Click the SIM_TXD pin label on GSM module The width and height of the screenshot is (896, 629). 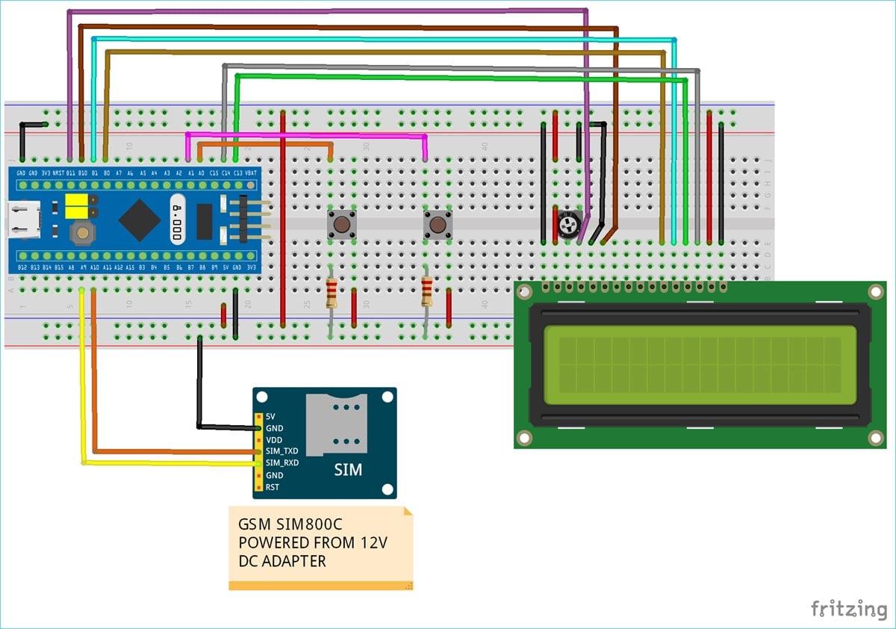(281, 451)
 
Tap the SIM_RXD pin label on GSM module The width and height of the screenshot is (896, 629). (281, 463)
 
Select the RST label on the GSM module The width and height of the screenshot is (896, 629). (273, 487)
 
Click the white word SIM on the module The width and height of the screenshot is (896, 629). (348, 470)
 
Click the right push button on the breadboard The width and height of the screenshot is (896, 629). (438, 223)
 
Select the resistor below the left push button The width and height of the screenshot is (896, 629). (332, 292)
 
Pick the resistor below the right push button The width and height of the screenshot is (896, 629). (426, 292)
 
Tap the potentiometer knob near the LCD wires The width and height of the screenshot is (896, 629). (570, 223)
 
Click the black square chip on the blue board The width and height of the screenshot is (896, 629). (140, 219)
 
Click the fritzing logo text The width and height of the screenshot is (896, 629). (849, 608)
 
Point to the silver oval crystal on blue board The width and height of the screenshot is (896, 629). (177, 219)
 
